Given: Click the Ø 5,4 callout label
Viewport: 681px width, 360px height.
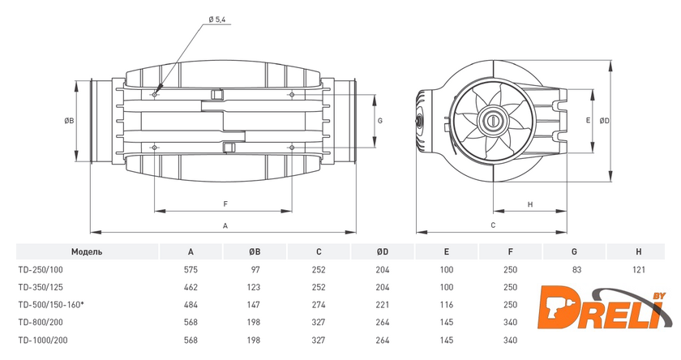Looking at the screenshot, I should (218, 19).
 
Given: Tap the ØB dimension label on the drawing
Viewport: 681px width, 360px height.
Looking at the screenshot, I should (70, 120).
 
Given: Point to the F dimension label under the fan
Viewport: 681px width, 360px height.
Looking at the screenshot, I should (225, 204).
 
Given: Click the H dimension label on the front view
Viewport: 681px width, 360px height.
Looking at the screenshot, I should (529, 204).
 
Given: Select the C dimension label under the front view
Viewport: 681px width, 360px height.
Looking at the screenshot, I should (492, 225).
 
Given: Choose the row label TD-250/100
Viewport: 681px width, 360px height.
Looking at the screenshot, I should (41, 269).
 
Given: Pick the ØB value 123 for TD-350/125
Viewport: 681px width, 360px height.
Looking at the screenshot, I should (255, 286).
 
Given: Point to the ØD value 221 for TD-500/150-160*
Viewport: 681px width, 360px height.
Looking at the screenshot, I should (383, 303).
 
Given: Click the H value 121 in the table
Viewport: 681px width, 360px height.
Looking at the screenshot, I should (638, 269).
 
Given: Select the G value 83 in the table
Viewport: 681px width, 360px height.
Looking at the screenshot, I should (574, 269).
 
